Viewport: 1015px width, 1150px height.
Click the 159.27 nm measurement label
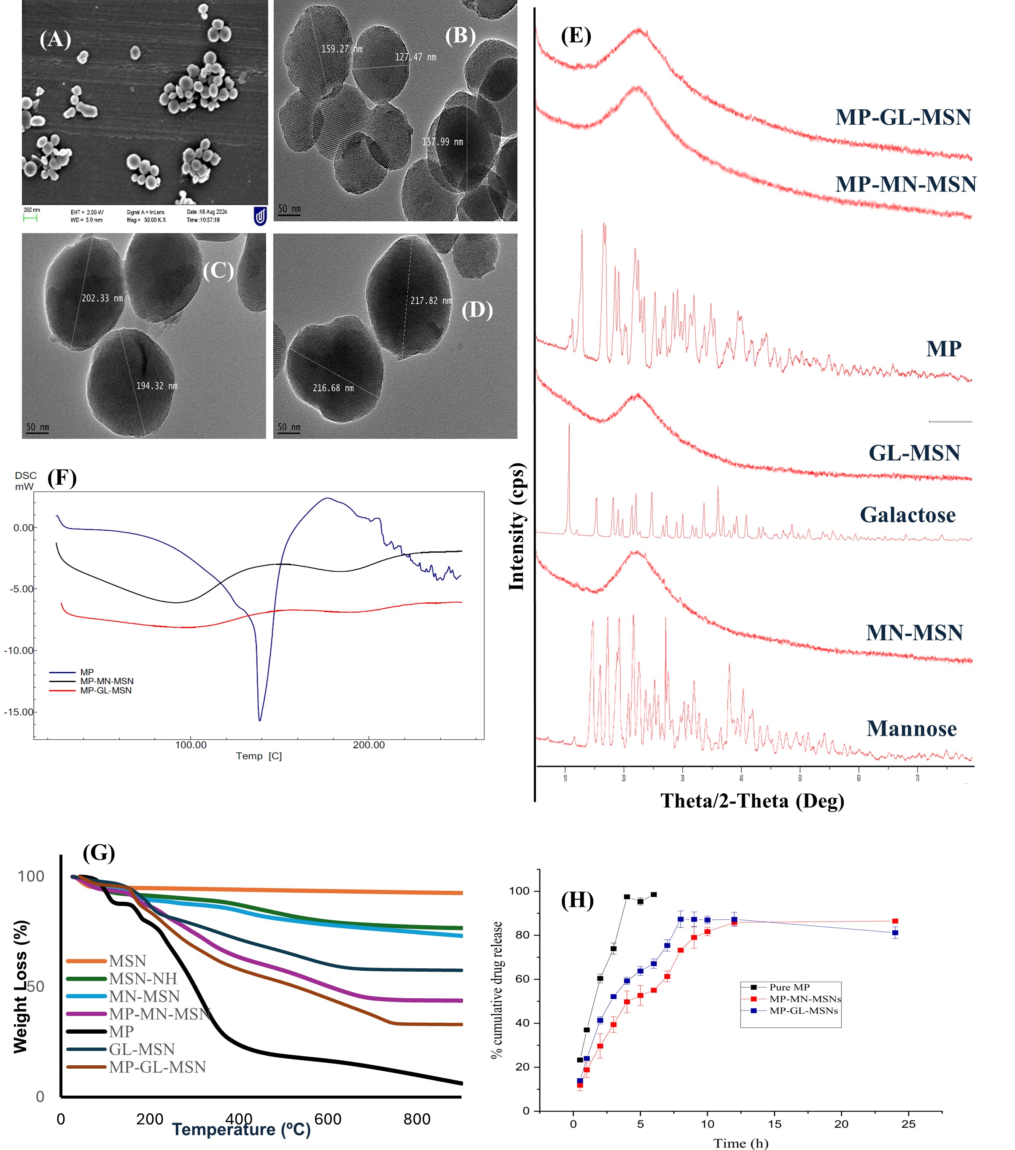(341, 49)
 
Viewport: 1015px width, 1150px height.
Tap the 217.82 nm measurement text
(431, 301)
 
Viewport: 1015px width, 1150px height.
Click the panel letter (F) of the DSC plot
(62, 478)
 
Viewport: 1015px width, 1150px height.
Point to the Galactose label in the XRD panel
(907, 515)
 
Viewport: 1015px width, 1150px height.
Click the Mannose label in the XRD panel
(911, 728)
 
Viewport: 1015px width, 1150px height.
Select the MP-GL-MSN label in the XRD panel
(903, 117)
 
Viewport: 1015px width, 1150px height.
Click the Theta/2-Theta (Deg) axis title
(752, 801)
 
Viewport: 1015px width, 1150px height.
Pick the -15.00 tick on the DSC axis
(19, 712)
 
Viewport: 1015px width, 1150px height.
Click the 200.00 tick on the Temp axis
(369, 745)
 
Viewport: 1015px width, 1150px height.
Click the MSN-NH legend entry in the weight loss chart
(143, 978)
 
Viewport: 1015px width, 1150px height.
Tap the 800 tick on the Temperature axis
(417, 1119)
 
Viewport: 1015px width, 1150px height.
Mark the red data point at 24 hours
(895, 921)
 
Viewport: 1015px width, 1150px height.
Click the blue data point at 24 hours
(895, 933)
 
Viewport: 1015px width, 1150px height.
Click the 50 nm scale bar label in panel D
(289, 427)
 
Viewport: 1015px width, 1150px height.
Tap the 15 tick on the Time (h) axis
(774, 1124)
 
